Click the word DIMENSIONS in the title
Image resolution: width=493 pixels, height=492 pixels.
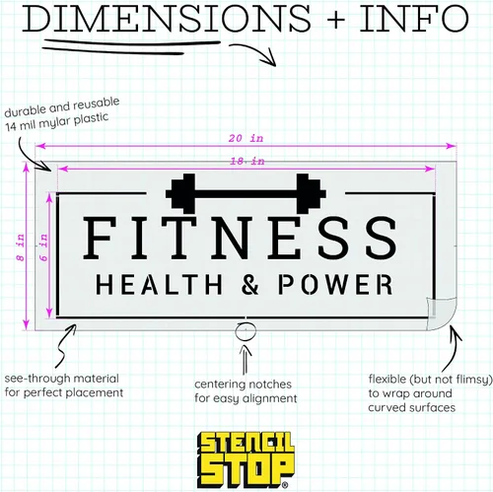click(x=167, y=18)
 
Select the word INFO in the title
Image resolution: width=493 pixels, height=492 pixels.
click(x=414, y=18)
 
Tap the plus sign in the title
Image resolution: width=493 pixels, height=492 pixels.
click(x=335, y=19)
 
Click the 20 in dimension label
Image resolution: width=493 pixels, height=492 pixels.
click(x=246, y=138)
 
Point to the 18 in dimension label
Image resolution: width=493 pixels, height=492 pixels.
click(x=247, y=162)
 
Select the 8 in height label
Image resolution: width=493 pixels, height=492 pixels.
click(x=21, y=247)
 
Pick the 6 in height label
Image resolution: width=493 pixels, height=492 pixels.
click(x=43, y=247)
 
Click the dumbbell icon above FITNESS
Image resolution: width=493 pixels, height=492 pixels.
click(x=246, y=193)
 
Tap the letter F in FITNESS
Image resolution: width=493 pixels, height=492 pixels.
click(x=100, y=238)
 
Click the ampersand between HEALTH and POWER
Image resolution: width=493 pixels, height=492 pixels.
click(x=250, y=284)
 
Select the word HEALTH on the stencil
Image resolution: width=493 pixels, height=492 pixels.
click(x=159, y=285)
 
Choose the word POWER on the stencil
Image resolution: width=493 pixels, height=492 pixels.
click(x=335, y=284)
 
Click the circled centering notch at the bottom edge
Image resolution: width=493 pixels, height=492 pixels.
click(x=246, y=331)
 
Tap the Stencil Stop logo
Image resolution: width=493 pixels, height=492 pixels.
click(x=246, y=459)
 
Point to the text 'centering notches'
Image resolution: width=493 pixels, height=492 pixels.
click(x=243, y=385)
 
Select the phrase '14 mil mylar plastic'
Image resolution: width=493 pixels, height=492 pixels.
click(x=56, y=121)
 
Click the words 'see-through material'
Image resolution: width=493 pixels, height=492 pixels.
click(x=62, y=379)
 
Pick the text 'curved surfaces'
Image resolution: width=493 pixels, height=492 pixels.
click(x=412, y=408)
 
